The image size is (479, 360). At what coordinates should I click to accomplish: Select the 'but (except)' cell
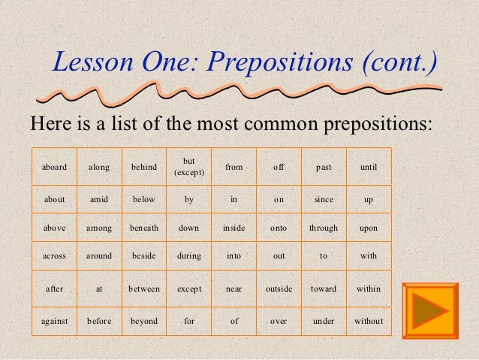[189, 167]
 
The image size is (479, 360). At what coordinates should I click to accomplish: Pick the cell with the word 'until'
[369, 167]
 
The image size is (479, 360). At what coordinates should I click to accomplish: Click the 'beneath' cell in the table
[144, 228]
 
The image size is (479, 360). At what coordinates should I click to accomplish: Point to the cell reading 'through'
[324, 228]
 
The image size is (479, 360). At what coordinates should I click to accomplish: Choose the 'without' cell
[369, 321]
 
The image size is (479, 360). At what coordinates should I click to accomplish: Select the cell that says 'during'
[189, 256]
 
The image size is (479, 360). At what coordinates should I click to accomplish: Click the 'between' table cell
[144, 289]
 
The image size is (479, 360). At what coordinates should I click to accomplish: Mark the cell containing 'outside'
[279, 289]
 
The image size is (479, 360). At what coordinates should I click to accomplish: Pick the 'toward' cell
[324, 289]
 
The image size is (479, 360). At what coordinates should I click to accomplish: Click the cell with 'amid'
[99, 200]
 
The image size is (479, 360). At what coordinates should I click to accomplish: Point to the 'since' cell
[324, 200]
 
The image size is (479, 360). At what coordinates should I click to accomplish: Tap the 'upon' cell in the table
[369, 228]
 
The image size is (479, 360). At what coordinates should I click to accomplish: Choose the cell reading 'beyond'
[144, 321]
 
